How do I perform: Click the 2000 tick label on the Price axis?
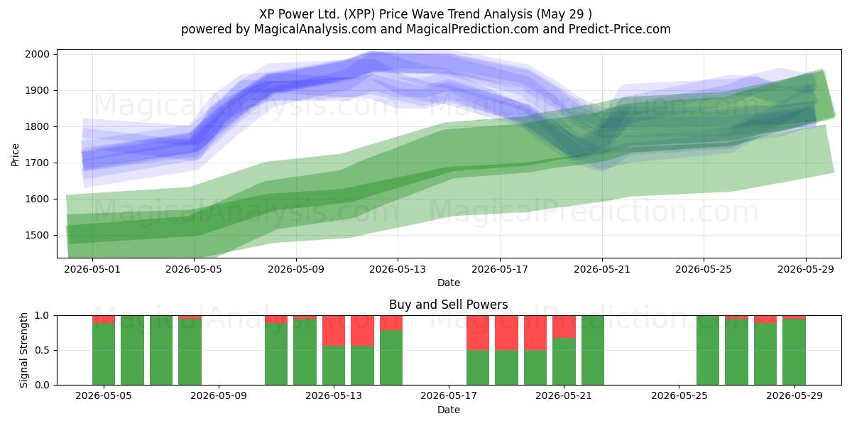[37, 54]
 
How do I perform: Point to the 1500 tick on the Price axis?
[37, 235]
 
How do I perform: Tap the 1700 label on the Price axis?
[37, 163]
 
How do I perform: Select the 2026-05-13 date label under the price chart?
[398, 269]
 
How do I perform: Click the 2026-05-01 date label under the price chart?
[92, 269]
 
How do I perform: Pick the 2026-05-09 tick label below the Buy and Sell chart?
[219, 395]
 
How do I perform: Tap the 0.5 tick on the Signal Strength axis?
[42, 350]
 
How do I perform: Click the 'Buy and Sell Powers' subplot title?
[449, 305]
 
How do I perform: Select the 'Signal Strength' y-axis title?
[23, 350]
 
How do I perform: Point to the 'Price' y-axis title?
[15, 155]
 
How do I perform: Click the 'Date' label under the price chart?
[449, 283]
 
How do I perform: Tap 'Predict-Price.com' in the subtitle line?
[620, 29]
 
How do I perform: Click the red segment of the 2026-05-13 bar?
[334, 331]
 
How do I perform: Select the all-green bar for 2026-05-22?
[593, 350]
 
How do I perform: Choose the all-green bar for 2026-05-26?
[708, 350]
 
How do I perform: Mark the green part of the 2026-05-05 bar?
[104, 354]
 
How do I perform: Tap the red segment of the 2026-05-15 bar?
[391, 323]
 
